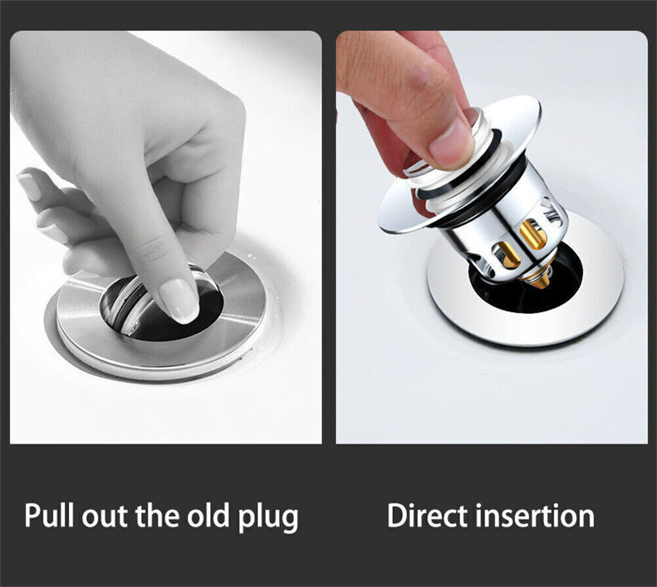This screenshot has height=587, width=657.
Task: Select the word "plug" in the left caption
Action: [268, 518]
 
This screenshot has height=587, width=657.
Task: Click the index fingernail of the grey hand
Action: [180, 300]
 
